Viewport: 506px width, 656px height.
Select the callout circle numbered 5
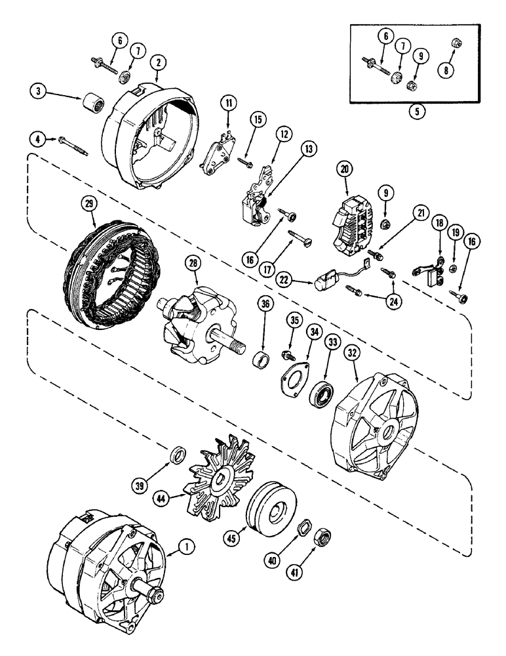pos(416,111)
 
